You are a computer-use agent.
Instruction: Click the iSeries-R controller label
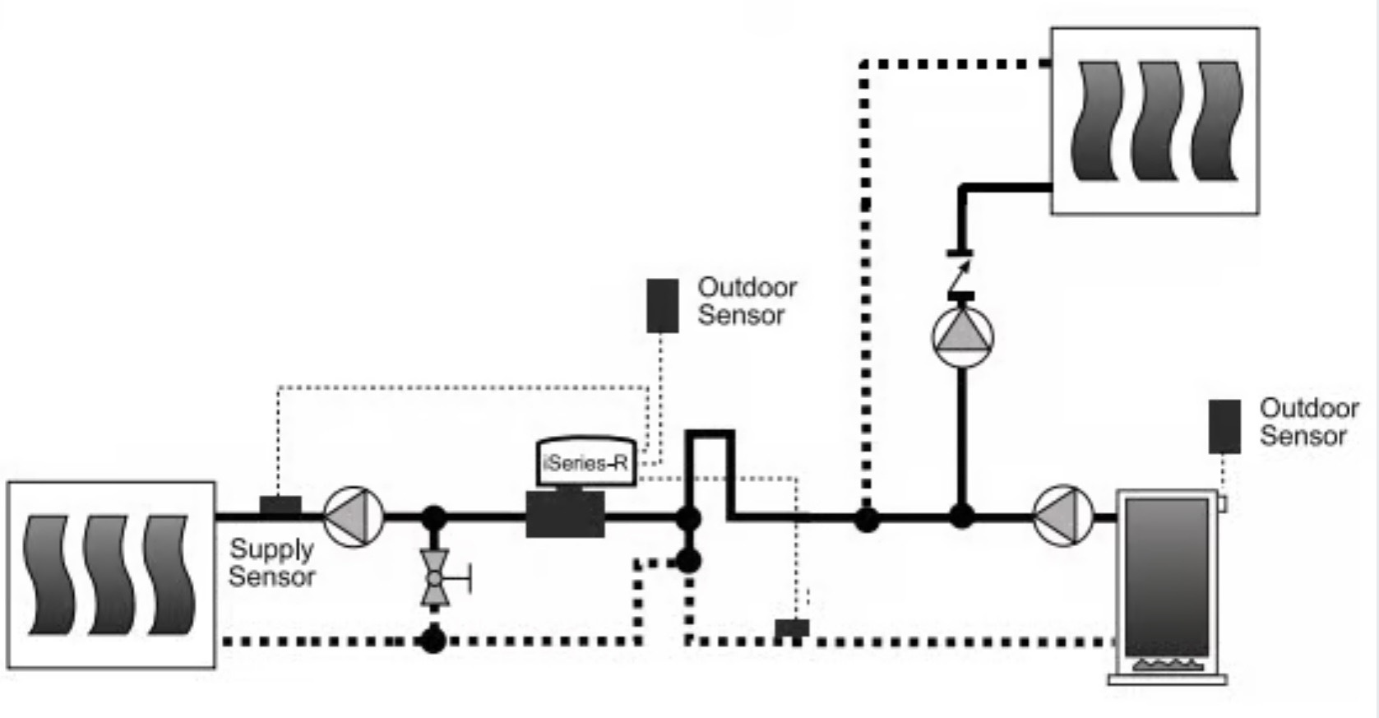click(585, 463)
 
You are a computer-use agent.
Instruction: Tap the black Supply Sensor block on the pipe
click(280, 506)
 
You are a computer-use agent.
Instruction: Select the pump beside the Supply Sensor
click(354, 516)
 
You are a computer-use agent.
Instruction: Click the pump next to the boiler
click(1063, 516)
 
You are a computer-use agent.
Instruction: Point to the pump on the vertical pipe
click(963, 336)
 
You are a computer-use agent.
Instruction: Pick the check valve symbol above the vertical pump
click(960, 275)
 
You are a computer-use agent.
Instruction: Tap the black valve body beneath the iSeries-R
click(565, 514)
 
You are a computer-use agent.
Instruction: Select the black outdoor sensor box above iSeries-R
click(663, 306)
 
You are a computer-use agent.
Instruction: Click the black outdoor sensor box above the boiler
click(1224, 427)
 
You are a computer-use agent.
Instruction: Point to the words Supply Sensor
click(271, 563)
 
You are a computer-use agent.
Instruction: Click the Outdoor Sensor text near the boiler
click(1309, 422)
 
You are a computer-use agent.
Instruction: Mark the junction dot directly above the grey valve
click(433, 518)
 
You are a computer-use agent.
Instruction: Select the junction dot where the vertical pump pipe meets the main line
click(961, 516)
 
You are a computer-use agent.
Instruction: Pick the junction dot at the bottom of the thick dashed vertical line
click(867, 520)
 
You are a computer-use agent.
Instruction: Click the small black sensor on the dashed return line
click(792, 628)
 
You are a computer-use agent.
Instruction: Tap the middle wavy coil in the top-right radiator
click(1157, 121)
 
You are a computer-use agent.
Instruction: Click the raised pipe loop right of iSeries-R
click(710, 435)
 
